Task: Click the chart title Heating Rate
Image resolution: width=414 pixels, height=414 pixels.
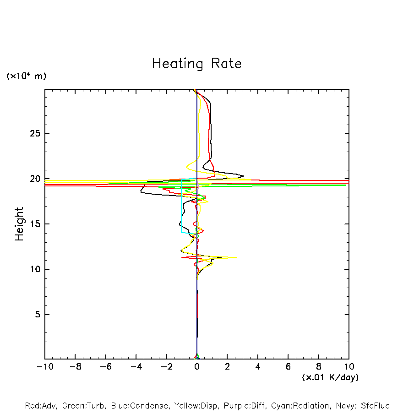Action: click(x=196, y=64)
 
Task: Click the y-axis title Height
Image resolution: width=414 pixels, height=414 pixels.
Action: click(x=19, y=224)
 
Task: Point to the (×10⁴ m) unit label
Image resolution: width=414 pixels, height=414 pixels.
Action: click(x=26, y=76)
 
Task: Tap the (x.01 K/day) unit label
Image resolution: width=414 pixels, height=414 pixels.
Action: click(x=330, y=377)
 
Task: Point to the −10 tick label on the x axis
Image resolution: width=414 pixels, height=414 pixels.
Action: click(x=44, y=367)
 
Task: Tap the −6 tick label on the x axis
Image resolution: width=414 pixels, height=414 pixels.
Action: click(x=105, y=367)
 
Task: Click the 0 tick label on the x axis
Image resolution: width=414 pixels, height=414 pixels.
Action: click(x=197, y=367)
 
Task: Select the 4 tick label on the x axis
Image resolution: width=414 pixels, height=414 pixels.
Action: click(x=258, y=367)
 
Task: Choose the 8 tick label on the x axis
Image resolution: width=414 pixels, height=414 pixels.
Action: click(x=319, y=367)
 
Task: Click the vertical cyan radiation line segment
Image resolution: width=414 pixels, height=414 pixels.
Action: click(x=181, y=206)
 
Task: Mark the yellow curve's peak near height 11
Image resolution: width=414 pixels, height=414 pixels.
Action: click(x=236, y=257)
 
